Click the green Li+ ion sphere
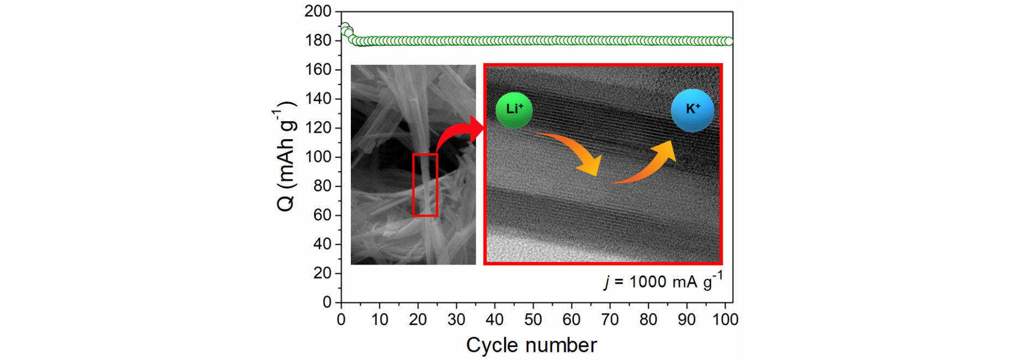click(514, 110)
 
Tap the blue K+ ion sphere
click(692, 110)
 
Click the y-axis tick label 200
click(318, 11)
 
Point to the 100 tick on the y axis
click(318, 157)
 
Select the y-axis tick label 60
click(323, 215)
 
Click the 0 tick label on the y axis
click(327, 302)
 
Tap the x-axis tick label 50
click(533, 319)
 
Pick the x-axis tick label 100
click(725, 319)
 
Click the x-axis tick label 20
click(418, 319)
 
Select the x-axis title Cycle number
click(532, 345)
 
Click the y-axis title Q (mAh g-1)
click(286, 157)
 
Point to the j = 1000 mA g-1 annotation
click(664, 281)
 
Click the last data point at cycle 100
click(729, 41)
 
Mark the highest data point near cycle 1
click(344, 27)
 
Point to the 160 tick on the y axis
click(318, 69)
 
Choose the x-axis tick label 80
click(648, 319)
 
